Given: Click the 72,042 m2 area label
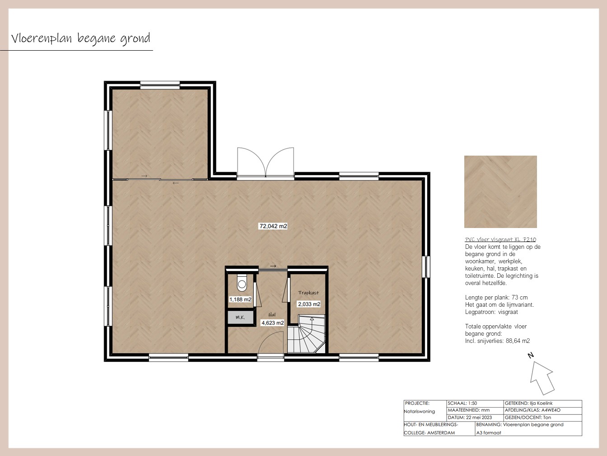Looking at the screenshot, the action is pos(273,226).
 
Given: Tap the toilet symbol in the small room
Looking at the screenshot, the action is pos(242,283).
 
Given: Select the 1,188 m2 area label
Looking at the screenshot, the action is pos(240,299).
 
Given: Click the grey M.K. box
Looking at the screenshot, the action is pos(240,317).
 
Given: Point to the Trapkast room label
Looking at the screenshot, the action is pos(308,293).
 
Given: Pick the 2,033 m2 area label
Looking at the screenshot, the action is pos(309,304).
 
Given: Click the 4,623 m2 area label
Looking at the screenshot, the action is pos(273,323).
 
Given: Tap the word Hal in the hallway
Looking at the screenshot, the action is pos(272,315).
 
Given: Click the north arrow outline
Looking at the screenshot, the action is pos(542,378).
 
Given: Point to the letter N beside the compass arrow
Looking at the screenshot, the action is pos(531,355).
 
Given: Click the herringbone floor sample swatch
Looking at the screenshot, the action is pos(500,192).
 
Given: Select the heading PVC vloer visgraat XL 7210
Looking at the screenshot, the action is pos(500,239).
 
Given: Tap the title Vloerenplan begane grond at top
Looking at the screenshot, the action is pos(80,38).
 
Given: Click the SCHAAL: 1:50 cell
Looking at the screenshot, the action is pos(475,404).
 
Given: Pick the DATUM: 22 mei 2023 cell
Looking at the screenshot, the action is pos(475,418).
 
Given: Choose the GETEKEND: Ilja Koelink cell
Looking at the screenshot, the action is pos(542,404).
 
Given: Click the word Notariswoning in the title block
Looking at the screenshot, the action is pos(419,411).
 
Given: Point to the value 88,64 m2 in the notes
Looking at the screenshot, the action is pos(518,341).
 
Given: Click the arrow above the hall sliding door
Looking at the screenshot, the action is pos(273,266).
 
